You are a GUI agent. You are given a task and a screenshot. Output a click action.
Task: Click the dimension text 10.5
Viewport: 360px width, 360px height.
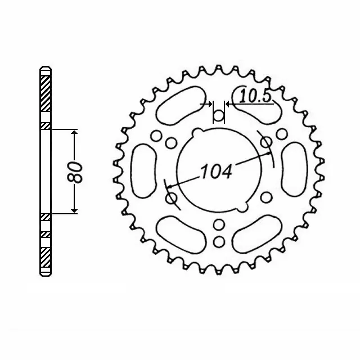[x=255, y=96]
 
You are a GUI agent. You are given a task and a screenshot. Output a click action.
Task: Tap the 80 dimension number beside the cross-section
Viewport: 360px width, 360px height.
[x=78, y=171]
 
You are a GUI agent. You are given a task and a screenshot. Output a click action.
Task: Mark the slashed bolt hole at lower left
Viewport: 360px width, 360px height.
[x=172, y=198]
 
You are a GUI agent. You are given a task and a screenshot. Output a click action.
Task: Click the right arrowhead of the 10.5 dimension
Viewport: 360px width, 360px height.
[x=228, y=104]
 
